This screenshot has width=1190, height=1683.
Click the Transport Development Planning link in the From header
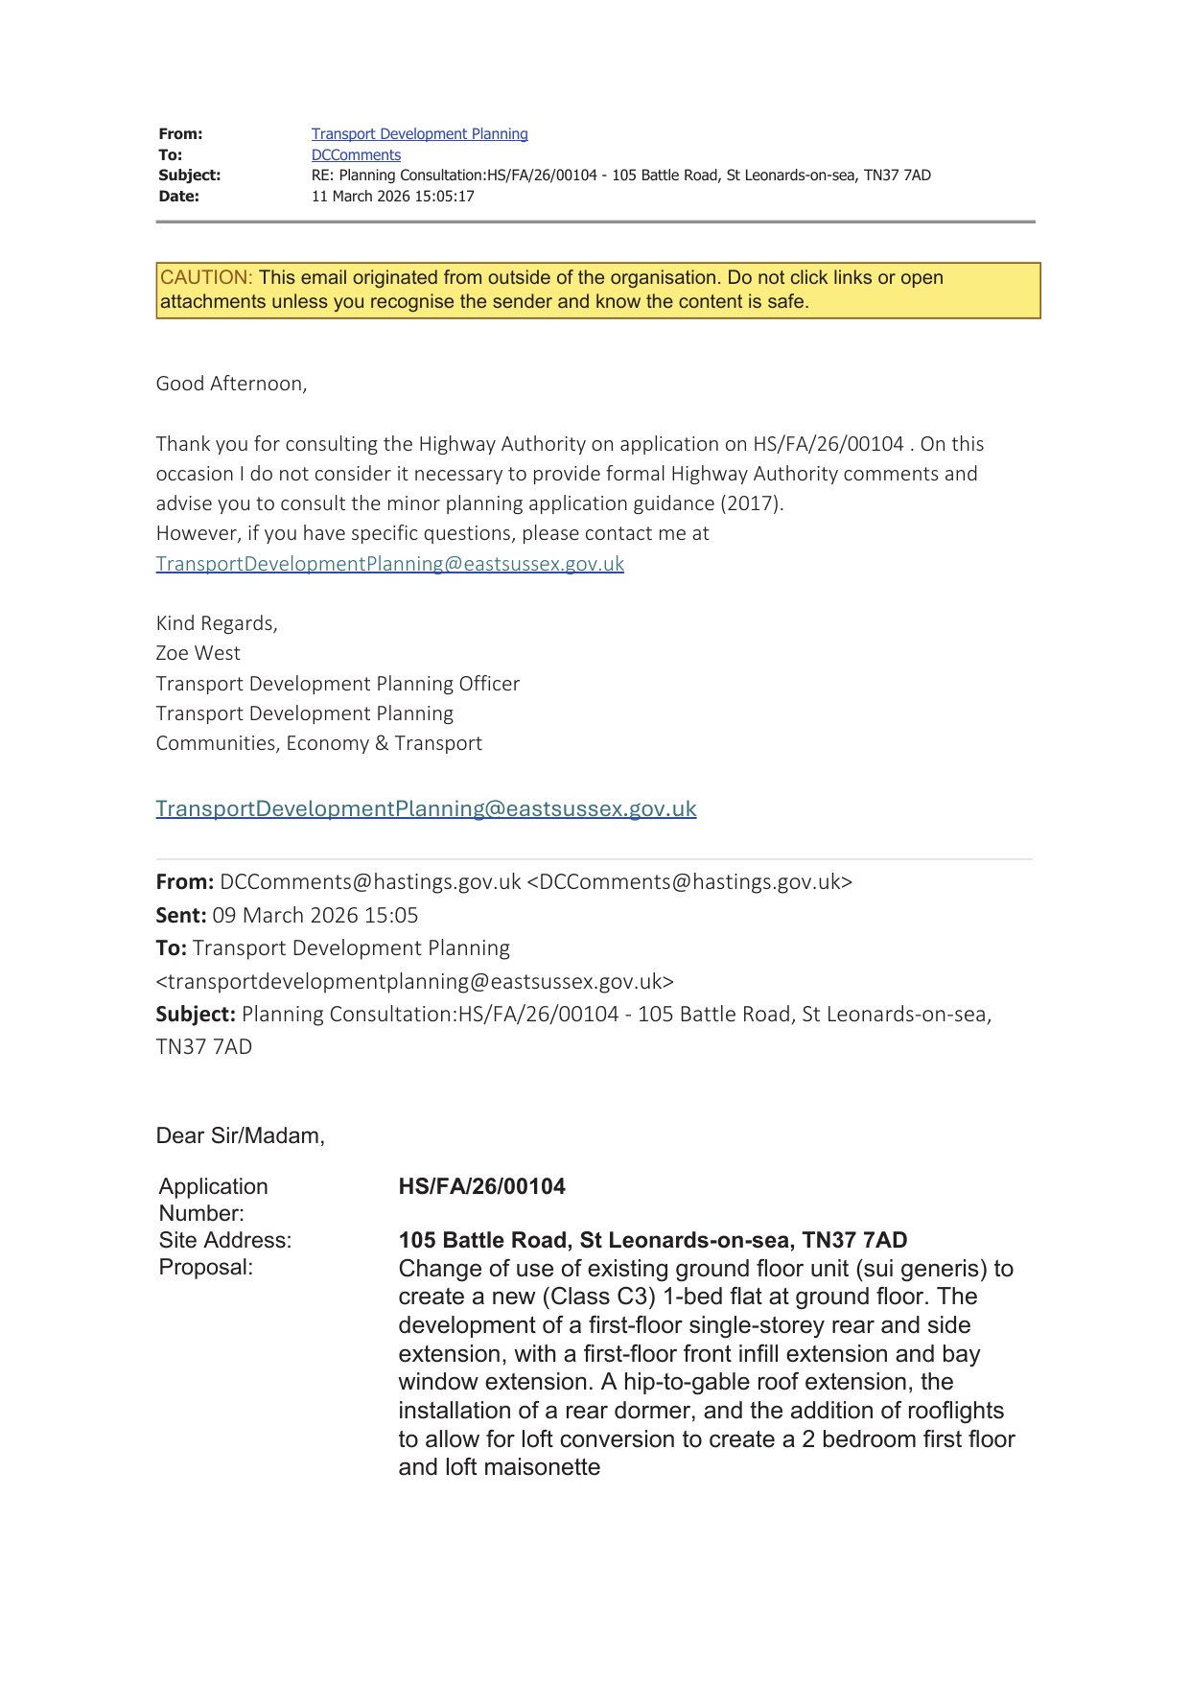coord(419,134)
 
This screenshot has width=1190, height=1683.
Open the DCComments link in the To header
coord(356,155)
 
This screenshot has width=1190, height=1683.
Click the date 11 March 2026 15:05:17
coord(392,197)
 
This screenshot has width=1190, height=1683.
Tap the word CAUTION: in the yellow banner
coord(206,278)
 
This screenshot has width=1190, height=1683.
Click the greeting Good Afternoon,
coord(231,384)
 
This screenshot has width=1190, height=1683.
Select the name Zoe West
coord(198,653)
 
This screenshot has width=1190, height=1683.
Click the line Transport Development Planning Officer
coord(338,684)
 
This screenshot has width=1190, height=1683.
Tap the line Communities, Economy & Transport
coord(318,743)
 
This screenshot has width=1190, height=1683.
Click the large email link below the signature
coord(426,808)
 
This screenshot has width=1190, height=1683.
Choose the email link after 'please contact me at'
coord(389,564)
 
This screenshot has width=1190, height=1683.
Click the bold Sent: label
coord(181,915)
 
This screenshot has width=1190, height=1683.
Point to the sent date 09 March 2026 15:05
coord(315,915)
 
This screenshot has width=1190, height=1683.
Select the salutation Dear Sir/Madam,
coord(240,1135)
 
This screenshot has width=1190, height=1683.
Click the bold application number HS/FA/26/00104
coord(481,1186)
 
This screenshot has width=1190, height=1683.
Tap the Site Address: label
coord(224,1240)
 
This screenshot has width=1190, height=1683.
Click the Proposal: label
coord(205,1267)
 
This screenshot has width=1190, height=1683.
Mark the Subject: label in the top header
coord(189,175)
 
